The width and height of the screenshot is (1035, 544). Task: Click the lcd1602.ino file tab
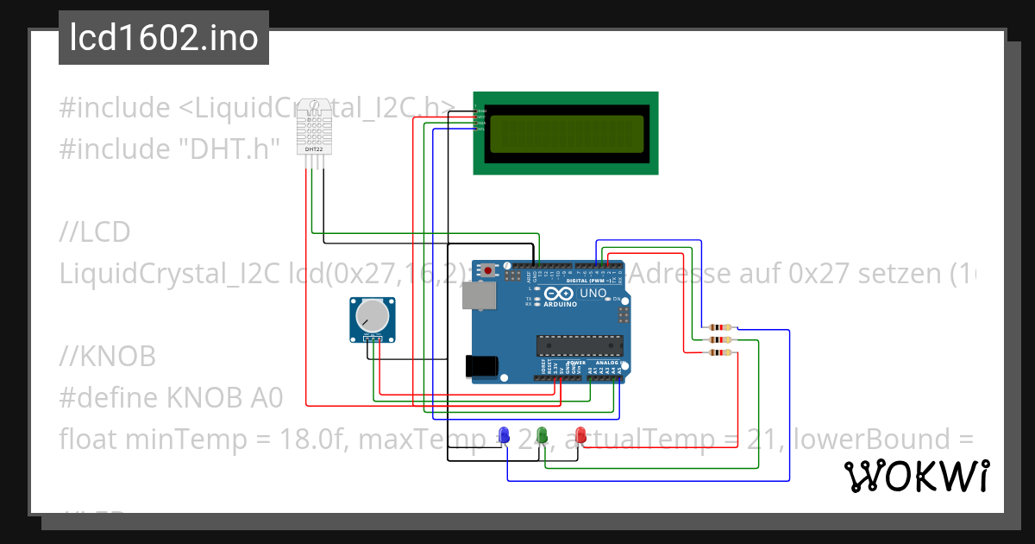point(164,38)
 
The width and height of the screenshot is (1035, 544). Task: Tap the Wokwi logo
point(916,477)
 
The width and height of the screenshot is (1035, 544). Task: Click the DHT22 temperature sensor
point(314,128)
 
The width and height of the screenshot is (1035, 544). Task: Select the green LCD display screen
point(566,133)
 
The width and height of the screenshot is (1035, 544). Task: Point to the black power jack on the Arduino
point(480,366)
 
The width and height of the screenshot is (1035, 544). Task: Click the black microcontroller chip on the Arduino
point(579,345)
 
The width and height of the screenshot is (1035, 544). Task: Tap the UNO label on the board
point(593,294)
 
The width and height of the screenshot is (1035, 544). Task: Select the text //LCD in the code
point(94,231)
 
